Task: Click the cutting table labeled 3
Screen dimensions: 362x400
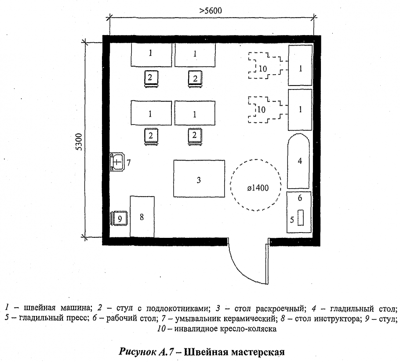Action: point(199,179)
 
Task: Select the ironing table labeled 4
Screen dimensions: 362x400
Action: point(299,161)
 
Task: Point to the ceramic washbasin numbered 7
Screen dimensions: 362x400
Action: point(117,161)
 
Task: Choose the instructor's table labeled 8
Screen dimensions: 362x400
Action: point(142,216)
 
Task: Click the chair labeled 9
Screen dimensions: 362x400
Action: point(120,217)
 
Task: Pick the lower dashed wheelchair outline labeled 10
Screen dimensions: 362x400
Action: point(264,109)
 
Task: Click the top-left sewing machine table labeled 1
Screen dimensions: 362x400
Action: point(150,54)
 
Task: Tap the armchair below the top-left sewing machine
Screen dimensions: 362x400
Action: point(150,79)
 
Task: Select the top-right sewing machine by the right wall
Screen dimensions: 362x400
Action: point(300,65)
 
